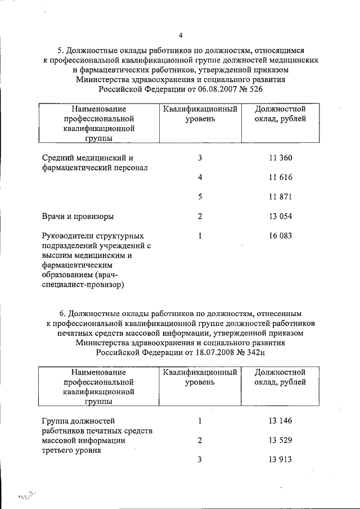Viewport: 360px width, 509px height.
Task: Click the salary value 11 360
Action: (x=281, y=158)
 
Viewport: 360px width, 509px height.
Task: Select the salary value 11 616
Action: (x=281, y=178)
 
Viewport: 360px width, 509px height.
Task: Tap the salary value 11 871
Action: (x=281, y=197)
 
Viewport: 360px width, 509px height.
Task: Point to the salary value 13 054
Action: (x=281, y=217)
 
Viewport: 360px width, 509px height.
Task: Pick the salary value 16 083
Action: (x=281, y=236)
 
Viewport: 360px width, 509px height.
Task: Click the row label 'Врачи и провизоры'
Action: (x=78, y=217)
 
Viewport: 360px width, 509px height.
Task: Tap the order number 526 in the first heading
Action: (x=254, y=89)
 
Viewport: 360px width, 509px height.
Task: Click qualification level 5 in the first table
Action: (x=200, y=197)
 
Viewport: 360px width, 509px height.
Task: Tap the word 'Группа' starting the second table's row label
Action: (x=56, y=421)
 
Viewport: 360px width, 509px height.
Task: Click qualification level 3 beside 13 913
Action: (x=200, y=460)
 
